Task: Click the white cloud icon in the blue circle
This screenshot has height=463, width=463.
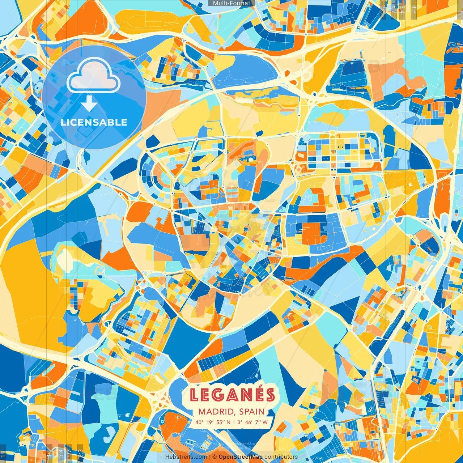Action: click(x=93, y=76)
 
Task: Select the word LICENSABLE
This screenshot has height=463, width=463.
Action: click(x=94, y=122)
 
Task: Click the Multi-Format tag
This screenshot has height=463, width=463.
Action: click(x=231, y=3)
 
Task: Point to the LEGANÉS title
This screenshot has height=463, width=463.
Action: click(x=232, y=395)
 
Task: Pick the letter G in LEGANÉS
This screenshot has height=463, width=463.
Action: click(x=218, y=395)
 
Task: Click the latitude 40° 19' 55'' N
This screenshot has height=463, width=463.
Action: click(x=213, y=422)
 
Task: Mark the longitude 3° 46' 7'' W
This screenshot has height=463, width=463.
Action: click(x=253, y=422)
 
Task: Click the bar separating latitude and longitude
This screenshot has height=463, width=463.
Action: click(x=234, y=422)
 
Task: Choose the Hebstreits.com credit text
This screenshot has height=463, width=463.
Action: click(x=186, y=457)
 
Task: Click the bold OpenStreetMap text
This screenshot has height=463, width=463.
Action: click(x=241, y=457)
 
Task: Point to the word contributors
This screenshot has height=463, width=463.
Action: click(x=281, y=457)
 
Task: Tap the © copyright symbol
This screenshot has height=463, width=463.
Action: click(x=214, y=457)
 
